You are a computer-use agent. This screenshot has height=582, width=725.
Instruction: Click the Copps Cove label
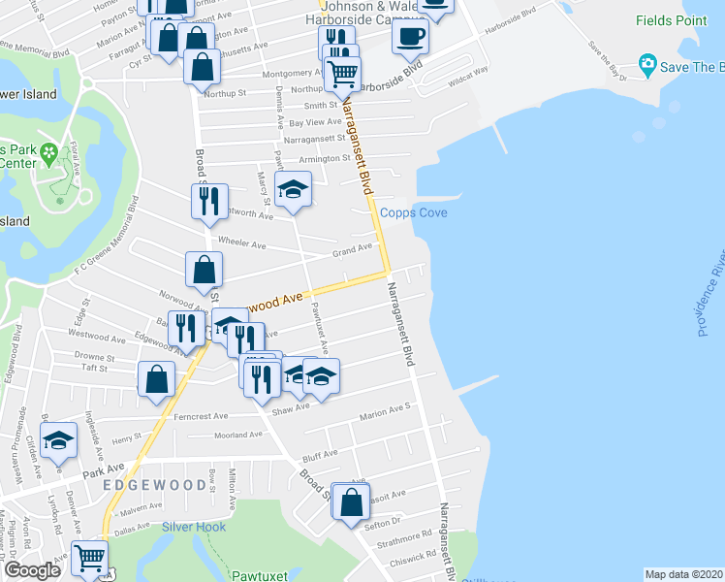tap(413, 212)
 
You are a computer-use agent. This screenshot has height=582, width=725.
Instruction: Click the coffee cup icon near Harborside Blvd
tap(409, 37)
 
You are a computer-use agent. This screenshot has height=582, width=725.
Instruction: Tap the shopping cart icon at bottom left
tap(89, 557)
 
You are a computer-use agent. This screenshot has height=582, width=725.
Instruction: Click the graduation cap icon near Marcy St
tap(292, 189)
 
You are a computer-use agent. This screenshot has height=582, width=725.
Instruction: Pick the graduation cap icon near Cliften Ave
tap(58, 440)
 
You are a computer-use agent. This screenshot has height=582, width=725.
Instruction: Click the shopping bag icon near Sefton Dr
tap(351, 501)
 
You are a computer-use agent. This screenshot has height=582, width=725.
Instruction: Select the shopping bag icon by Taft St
tap(157, 380)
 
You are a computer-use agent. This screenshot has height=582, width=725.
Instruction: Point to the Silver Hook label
tap(194, 527)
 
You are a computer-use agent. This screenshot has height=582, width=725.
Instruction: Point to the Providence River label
tap(711, 292)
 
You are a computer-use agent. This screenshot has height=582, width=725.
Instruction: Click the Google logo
tap(32, 570)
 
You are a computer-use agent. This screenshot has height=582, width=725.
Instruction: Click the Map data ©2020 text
tap(683, 574)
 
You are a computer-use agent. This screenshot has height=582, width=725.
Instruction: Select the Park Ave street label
tap(104, 470)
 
